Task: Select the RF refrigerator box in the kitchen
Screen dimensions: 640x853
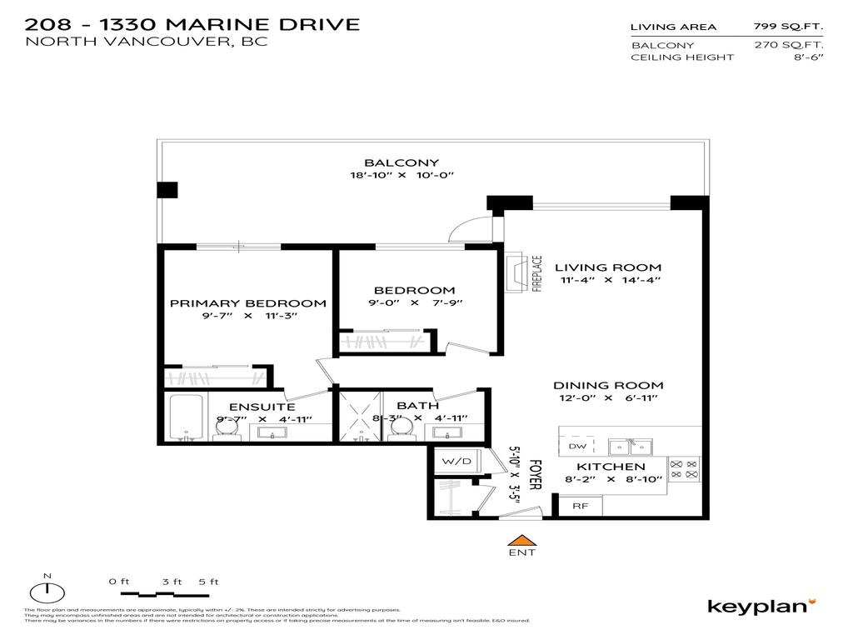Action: (576, 505)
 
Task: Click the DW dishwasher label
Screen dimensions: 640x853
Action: (577, 447)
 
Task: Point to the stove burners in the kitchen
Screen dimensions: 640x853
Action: (684, 469)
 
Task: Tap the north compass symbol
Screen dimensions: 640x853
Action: (48, 592)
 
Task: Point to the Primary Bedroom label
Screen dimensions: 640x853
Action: (247, 303)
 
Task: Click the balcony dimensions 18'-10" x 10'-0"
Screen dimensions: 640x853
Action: (402, 176)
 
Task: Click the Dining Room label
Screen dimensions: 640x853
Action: (609, 385)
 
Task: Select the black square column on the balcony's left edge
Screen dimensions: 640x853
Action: (167, 190)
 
